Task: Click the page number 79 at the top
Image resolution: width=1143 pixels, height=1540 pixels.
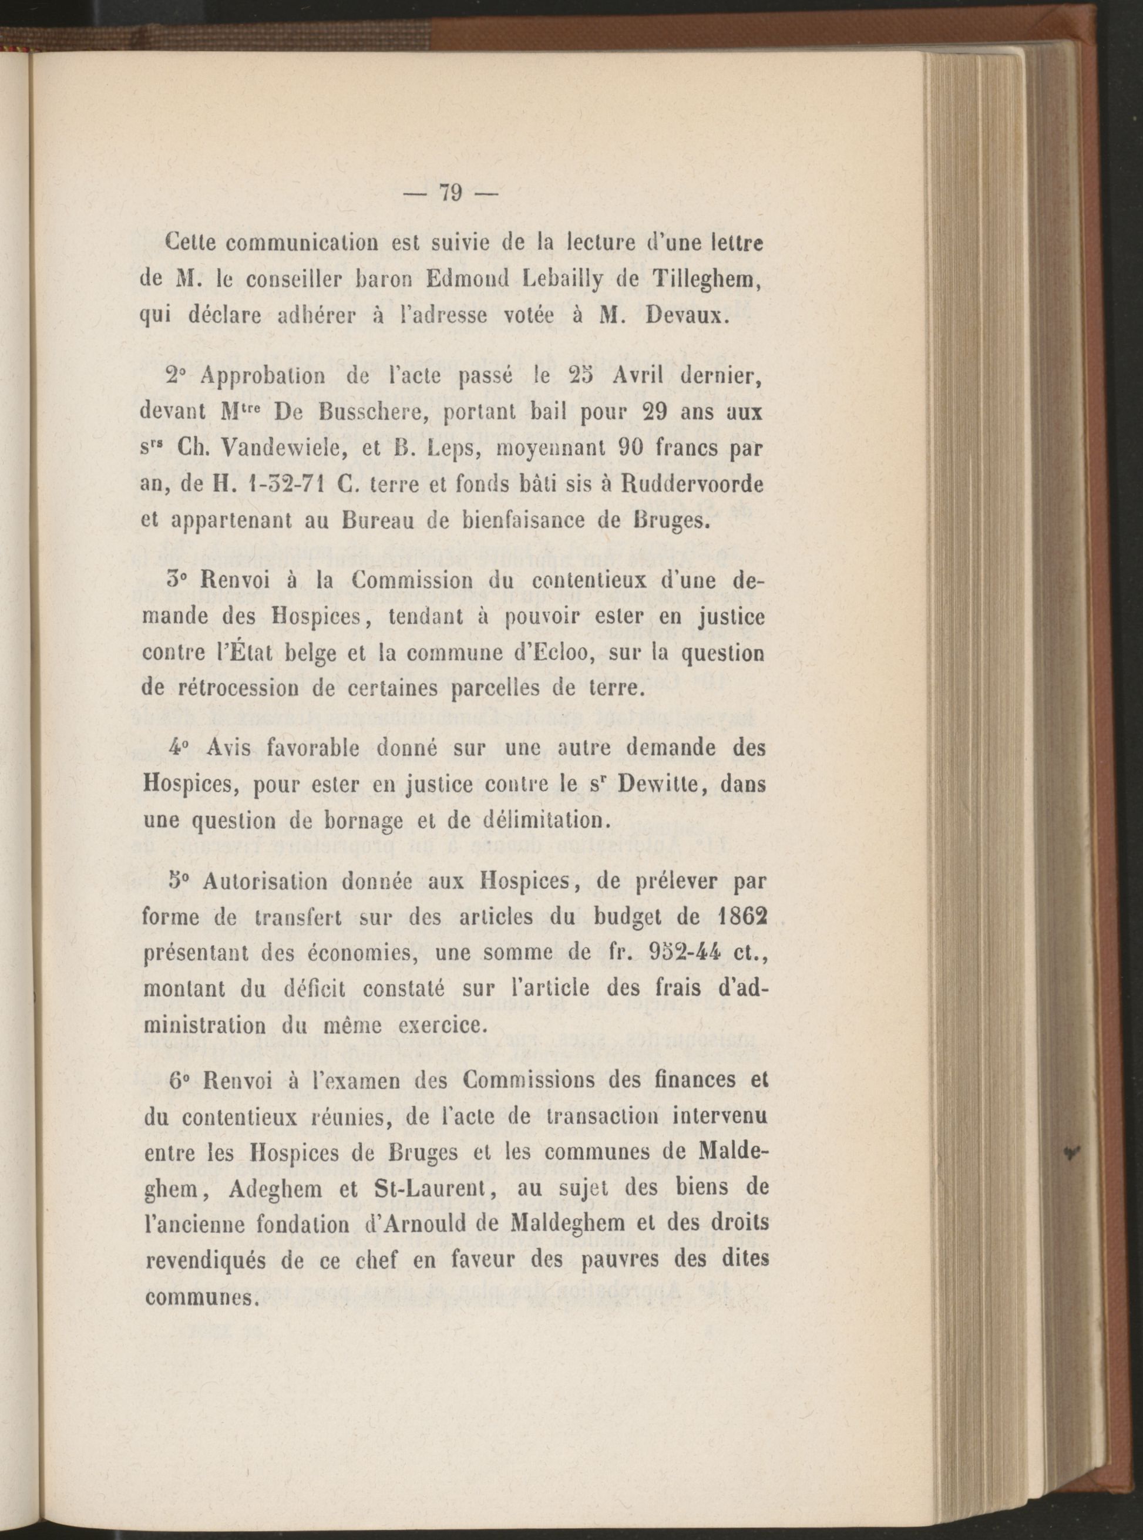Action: (x=451, y=192)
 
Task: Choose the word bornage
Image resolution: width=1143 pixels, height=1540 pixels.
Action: (x=323, y=822)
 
